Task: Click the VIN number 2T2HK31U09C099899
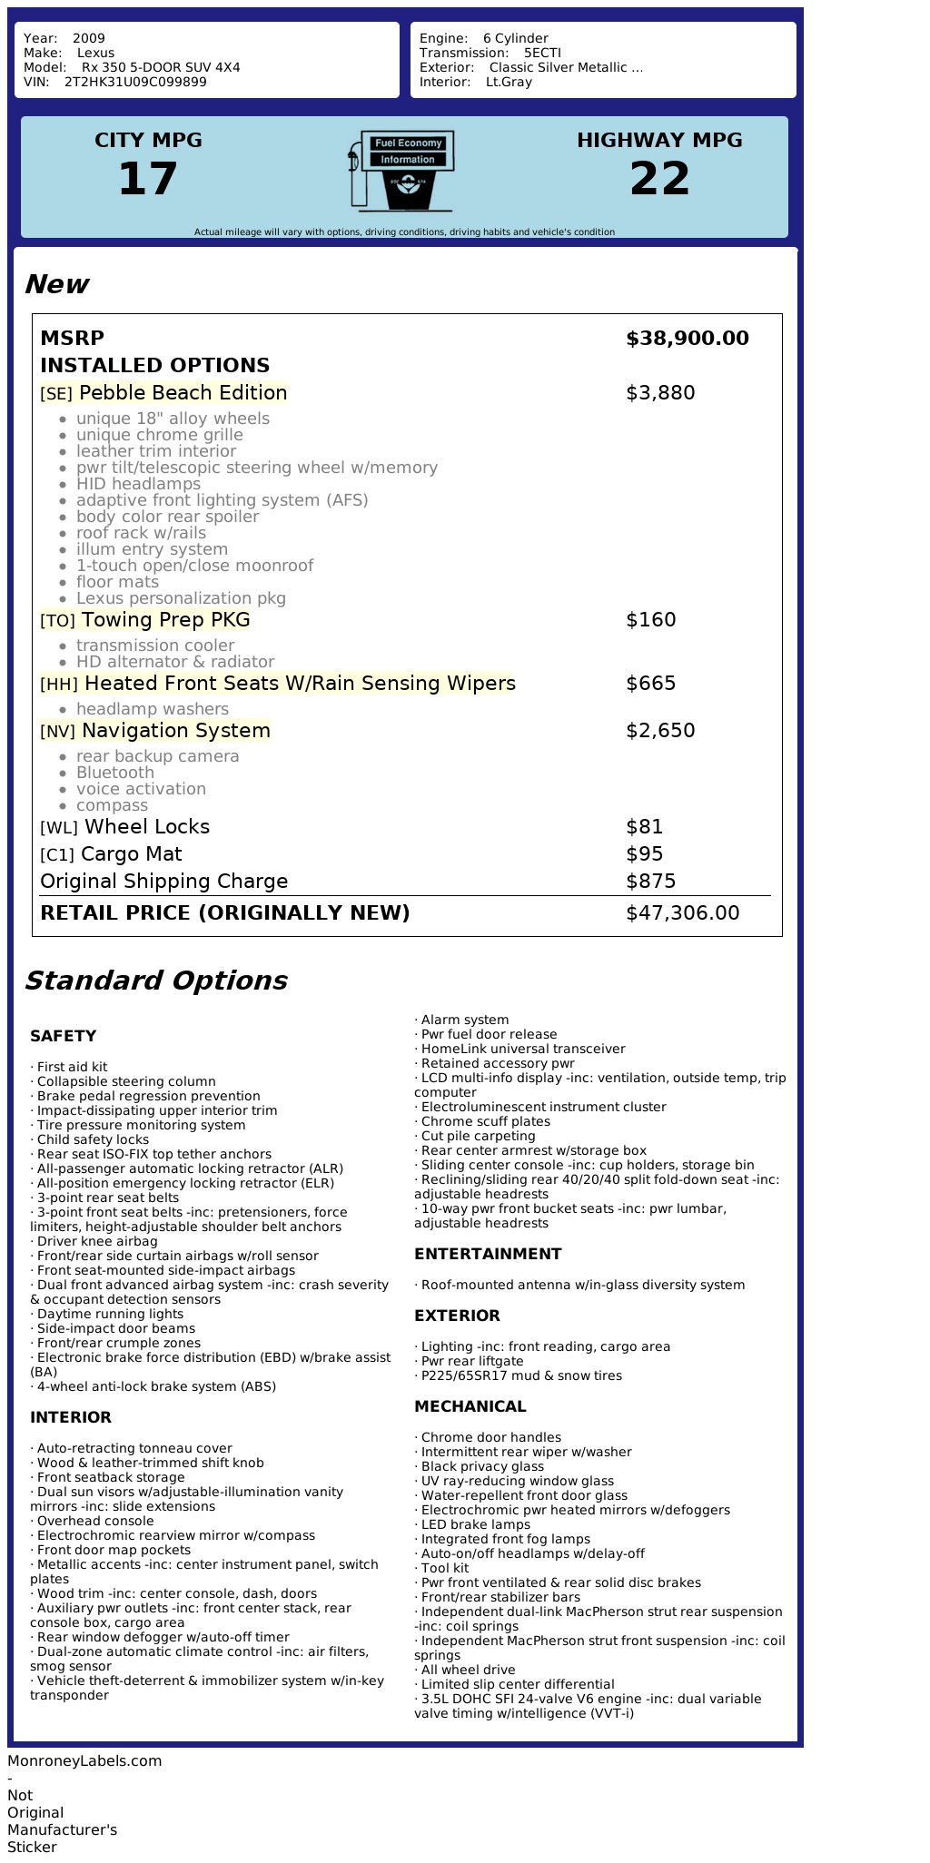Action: click(x=135, y=83)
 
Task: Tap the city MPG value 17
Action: click(x=148, y=179)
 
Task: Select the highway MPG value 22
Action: click(x=659, y=179)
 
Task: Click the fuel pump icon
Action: click(x=401, y=171)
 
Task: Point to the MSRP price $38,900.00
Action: click(x=688, y=339)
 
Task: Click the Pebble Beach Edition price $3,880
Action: click(x=660, y=393)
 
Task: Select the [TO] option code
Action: click(x=57, y=621)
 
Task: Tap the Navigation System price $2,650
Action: click(x=660, y=731)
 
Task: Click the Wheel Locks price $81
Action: click(x=645, y=827)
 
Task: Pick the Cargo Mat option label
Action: click(x=131, y=854)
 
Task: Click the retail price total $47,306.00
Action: click(x=683, y=913)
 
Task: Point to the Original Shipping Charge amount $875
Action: click(x=651, y=882)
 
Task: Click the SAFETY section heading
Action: click(x=63, y=1036)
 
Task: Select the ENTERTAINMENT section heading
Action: click(x=488, y=1254)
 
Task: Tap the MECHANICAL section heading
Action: click(x=470, y=1406)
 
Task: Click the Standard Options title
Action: click(x=155, y=981)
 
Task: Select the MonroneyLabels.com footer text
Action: click(x=84, y=1760)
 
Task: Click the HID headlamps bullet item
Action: click(x=138, y=484)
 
